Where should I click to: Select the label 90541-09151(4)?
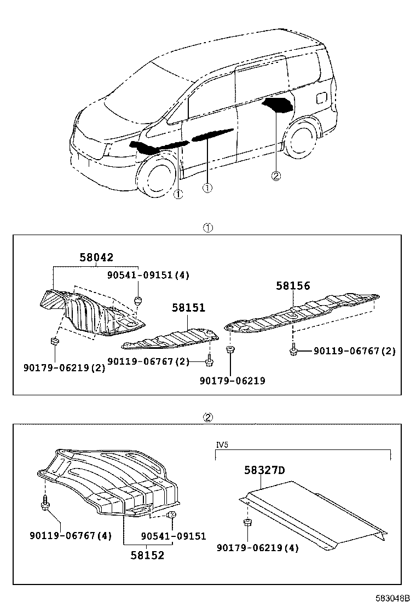(148, 275)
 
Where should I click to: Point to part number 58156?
(293, 285)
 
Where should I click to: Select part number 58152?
(147, 555)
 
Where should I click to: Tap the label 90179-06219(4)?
(258, 547)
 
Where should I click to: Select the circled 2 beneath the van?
(276, 176)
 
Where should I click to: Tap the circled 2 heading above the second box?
(208, 417)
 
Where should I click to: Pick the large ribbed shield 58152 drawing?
(109, 481)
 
